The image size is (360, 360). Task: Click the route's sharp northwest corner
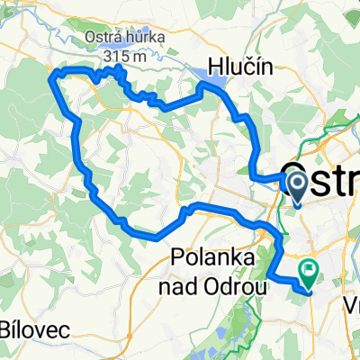pyautogui.click(x=57, y=71)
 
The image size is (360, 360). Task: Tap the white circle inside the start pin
pyautogui.click(x=296, y=180)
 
